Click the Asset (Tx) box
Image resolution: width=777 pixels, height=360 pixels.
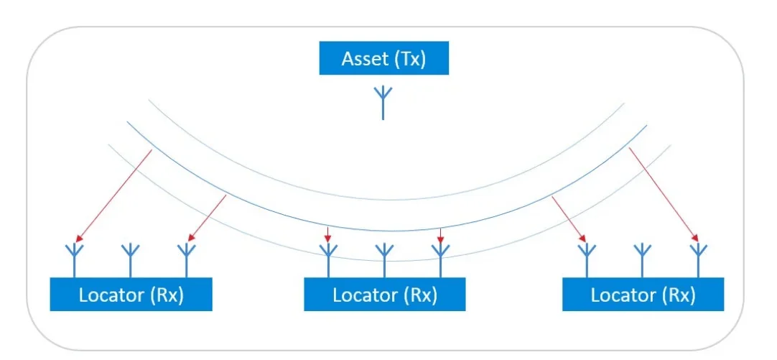pyautogui.click(x=384, y=58)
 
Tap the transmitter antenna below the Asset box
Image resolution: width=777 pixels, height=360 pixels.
pyautogui.click(x=383, y=103)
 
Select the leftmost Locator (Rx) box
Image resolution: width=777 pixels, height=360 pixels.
pyautogui.click(x=131, y=295)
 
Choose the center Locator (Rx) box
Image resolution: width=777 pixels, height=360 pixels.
pyautogui.click(x=384, y=295)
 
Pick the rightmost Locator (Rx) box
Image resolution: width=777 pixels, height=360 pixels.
pyautogui.click(x=643, y=295)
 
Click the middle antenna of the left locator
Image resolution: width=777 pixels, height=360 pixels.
pyautogui.click(x=130, y=261)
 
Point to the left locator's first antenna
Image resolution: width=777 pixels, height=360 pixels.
pyautogui.click(x=75, y=261)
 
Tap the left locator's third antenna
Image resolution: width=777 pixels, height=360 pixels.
pyautogui.click(x=186, y=261)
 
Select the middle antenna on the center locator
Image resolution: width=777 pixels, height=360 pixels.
pyautogui.click(x=384, y=261)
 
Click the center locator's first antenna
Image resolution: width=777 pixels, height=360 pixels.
pyautogui.click(x=328, y=261)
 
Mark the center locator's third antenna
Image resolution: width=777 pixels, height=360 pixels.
pyautogui.click(x=440, y=261)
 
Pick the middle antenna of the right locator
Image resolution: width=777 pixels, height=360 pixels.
pyautogui.click(x=642, y=261)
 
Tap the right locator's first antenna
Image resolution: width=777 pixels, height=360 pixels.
pyautogui.click(x=587, y=261)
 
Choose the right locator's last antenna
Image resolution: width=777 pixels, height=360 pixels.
pyautogui.click(x=698, y=261)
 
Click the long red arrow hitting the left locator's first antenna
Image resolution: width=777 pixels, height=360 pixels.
pyautogui.click(x=114, y=195)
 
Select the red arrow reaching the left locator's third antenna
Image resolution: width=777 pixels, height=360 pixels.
pyautogui.click(x=207, y=218)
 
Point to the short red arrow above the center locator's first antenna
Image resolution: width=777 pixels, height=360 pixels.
pyautogui.click(x=327, y=235)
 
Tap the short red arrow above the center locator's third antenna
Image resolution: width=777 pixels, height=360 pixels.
pyautogui.click(x=440, y=236)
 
